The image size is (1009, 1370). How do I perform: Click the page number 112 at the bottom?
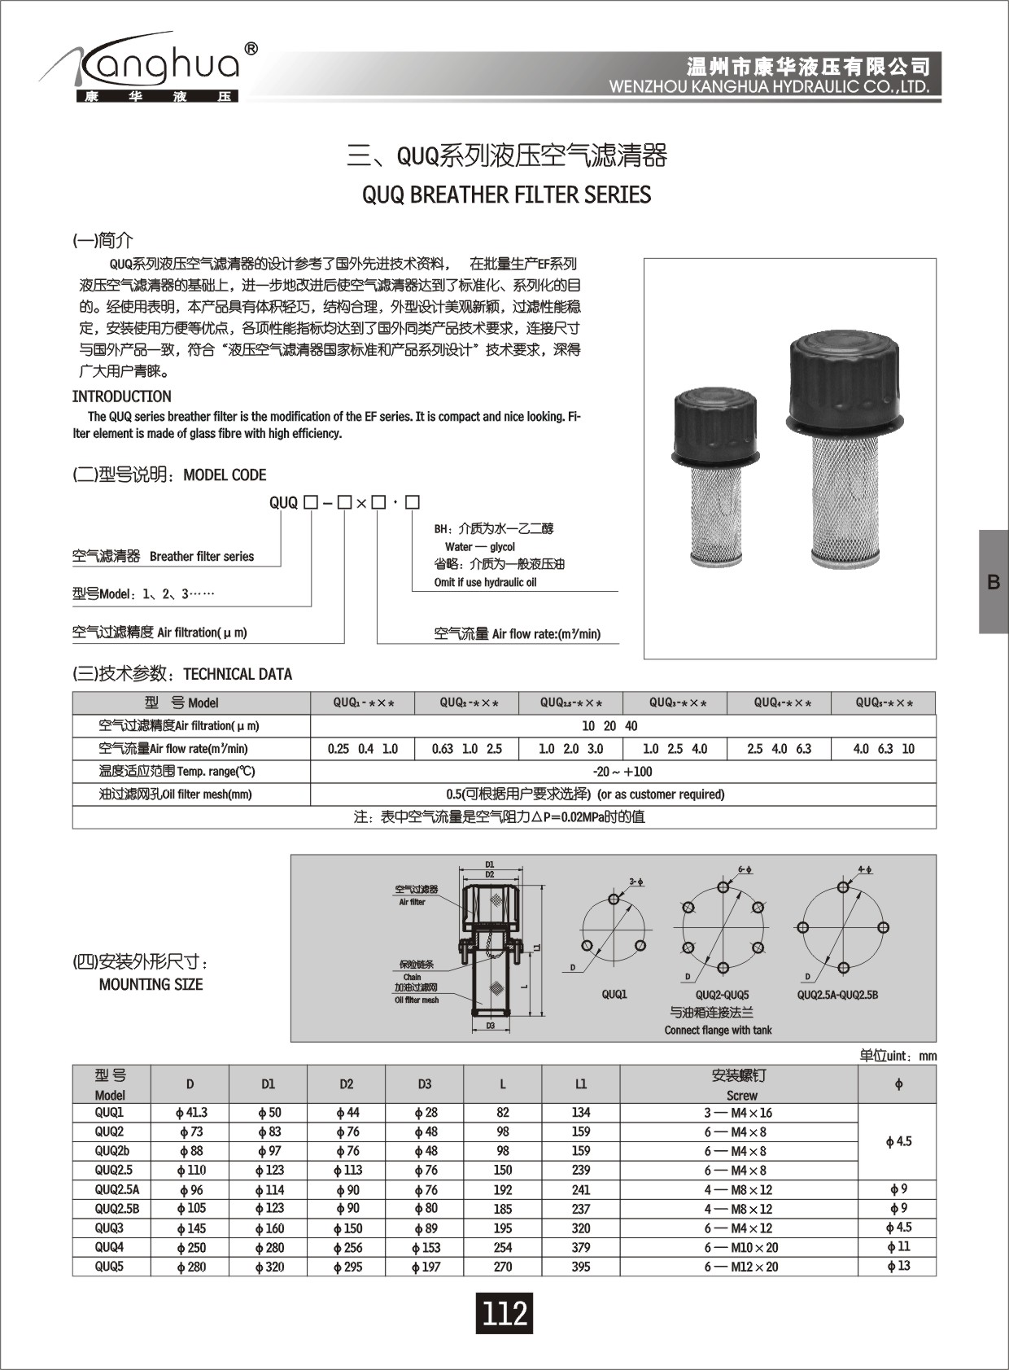[504, 1313]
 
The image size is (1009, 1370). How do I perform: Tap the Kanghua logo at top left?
[151, 69]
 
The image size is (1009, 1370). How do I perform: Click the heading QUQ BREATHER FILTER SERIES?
[506, 195]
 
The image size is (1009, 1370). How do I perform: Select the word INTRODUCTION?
[122, 396]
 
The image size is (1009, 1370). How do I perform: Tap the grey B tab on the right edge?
[993, 582]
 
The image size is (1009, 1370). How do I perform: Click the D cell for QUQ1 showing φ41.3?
[190, 1113]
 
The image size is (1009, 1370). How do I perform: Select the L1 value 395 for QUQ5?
[581, 1267]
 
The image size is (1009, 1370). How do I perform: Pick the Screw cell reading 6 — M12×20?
[740, 1267]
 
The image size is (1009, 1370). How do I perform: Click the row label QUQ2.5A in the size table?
[111, 1189]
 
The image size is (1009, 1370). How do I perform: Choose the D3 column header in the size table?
[424, 1084]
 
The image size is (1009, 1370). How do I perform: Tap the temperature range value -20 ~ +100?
[622, 772]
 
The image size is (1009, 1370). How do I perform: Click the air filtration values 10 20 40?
[609, 726]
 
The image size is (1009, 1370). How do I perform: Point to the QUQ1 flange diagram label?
[614, 995]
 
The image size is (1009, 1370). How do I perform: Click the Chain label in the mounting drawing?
[413, 977]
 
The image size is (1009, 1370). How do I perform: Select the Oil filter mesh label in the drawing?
[417, 1000]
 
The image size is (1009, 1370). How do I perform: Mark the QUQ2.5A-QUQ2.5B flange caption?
[837, 995]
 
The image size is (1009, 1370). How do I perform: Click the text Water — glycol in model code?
[480, 547]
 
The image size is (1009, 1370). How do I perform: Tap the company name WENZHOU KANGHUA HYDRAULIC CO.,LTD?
[769, 87]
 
